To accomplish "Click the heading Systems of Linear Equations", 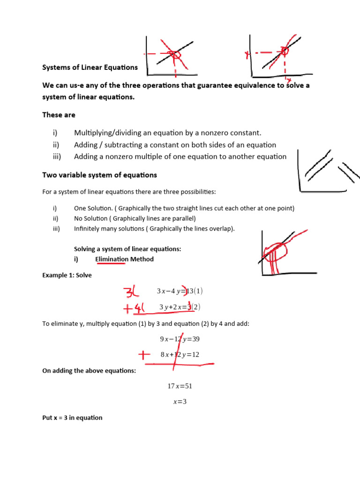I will [90, 67].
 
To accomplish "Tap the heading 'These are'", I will [59, 115].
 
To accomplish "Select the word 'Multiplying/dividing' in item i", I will [107, 133].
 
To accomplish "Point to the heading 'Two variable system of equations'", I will [99, 175].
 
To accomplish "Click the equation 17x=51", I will [180, 386].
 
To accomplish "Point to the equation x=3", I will [180, 402].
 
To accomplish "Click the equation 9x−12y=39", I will [180, 339].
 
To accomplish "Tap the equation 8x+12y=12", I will [180, 355].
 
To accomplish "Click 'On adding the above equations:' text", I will [89, 371].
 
